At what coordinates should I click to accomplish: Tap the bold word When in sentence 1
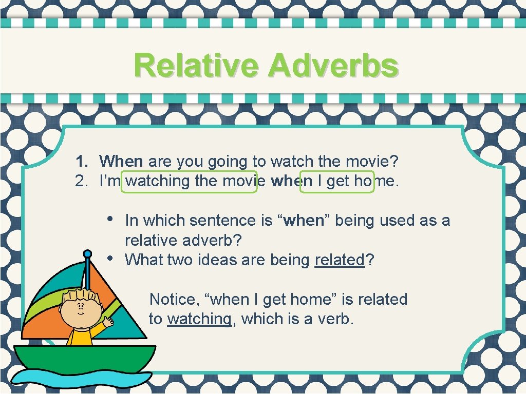(x=121, y=162)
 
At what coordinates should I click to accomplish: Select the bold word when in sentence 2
(x=292, y=181)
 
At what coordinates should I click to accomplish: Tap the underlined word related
(x=339, y=260)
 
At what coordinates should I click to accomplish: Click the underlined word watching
(x=199, y=319)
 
